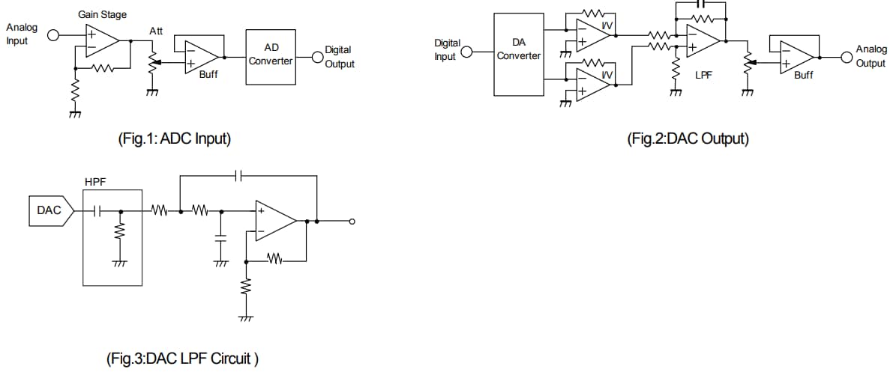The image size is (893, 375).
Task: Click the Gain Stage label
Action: coord(103,14)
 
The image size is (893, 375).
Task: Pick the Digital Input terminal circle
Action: coord(466,52)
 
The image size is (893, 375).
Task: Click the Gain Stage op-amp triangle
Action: coord(100,40)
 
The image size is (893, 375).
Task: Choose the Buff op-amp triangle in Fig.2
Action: coord(796,56)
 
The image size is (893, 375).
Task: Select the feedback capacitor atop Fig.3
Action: coord(238,177)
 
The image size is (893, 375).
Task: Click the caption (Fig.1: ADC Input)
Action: coord(174,138)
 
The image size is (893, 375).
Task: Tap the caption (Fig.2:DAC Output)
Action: coord(688,138)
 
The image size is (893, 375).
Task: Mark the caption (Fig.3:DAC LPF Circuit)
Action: coord(183,359)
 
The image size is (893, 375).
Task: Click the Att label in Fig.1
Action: coord(156,31)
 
